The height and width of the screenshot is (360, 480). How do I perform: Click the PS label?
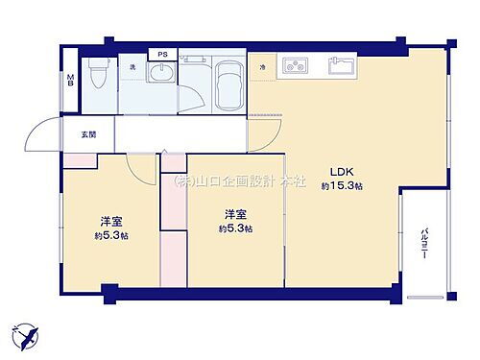pos(162,55)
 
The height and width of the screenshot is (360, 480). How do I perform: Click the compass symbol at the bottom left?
pos(26,337)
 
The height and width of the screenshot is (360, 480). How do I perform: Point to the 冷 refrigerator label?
pos(262,66)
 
